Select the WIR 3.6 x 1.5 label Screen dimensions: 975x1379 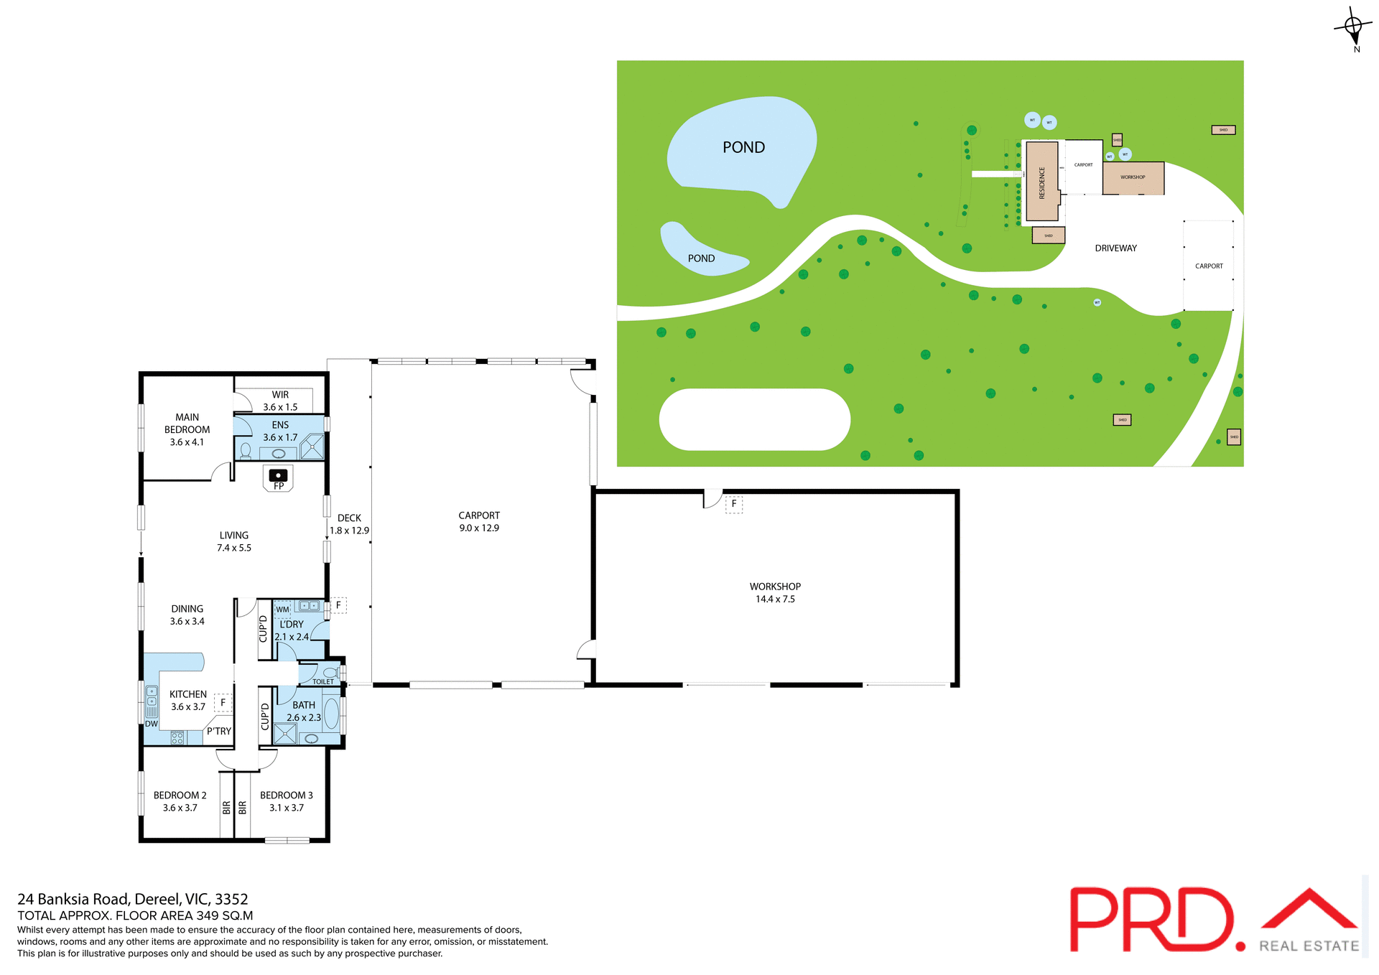(x=280, y=401)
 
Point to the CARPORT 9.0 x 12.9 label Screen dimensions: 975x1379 (x=479, y=521)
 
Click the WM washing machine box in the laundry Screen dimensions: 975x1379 (x=282, y=610)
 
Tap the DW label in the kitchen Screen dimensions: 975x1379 (x=151, y=724)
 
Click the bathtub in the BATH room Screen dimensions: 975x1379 (x=331, y=714)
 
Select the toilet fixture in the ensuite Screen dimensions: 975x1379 (x=246, y=450)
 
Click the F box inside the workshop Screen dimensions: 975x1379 (x=733, y=504)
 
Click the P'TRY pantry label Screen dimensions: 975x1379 (x=219, y=731)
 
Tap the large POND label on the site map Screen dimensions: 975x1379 (x=743, y=147)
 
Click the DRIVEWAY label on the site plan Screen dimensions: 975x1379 (x=1115, y=248)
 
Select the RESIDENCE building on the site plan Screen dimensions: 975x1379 (x=1041, y=182)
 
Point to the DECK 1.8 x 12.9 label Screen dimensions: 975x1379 (x=349, y=524)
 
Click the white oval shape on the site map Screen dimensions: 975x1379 (x=754, y=419)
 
